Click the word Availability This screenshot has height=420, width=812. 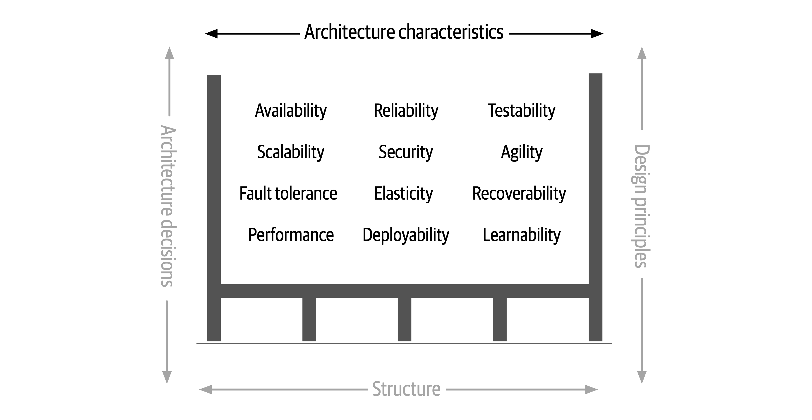pos(291,111)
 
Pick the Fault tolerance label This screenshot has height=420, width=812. pos(288,193)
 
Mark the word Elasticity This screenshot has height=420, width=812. pos(403,193)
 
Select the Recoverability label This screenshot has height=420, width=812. pos(519,193)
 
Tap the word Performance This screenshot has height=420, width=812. pos(291,235)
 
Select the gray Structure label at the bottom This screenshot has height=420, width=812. pos(406,389)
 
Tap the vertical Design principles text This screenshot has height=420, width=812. pos(642,206)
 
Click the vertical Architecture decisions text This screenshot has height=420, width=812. pos(168,206)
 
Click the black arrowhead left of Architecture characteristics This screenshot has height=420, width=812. pos(211,34)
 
